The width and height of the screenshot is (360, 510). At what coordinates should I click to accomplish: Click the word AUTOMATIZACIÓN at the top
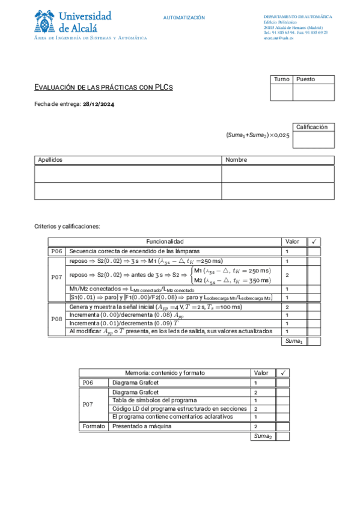point(184,18)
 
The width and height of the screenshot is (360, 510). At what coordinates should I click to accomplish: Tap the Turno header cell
point(281,79)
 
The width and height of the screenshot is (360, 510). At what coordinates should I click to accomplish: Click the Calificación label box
point(313,127)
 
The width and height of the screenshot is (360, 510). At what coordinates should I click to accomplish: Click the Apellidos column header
point(50,160)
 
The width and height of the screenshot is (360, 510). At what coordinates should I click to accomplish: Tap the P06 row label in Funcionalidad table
point(56,251)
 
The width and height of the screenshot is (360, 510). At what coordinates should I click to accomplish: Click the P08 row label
point(56,319)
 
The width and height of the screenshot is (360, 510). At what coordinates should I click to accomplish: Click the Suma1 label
point(293,341)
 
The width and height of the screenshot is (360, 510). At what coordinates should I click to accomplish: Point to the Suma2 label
point(263,436)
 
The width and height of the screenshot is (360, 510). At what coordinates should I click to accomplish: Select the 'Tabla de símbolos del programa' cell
point(154,400)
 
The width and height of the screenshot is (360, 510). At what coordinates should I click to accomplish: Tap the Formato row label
point(93,426)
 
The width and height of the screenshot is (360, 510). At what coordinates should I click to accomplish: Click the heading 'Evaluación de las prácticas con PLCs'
point(103,88)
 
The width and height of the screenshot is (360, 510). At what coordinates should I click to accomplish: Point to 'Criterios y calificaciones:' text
point(67,227)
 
